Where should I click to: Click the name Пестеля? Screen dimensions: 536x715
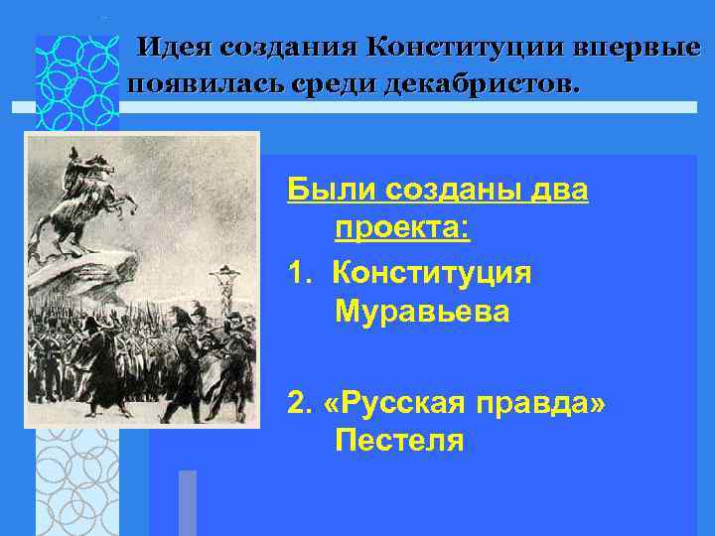click(399, 438)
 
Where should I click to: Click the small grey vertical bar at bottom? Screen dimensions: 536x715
click(187, 502)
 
